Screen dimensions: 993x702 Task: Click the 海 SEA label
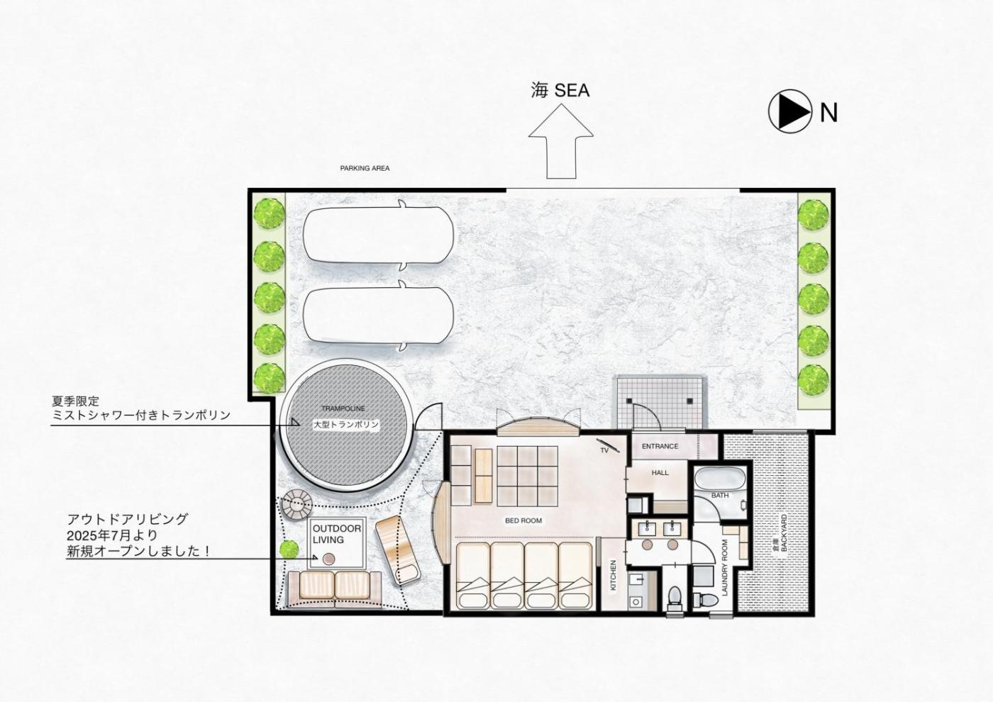point(560,91)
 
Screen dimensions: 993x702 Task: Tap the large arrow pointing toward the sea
point(561,141)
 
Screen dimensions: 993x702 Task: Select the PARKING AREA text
point(365,169)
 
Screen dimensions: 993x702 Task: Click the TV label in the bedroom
point(604,450)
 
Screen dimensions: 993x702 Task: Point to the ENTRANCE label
point(660,446)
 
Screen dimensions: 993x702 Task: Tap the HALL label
point(660,473)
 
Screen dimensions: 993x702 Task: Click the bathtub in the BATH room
point(720,479)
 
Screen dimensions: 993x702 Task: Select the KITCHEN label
point(614,575)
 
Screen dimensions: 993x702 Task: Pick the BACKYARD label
point(784,533)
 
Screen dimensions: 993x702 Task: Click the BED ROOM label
point(523,520)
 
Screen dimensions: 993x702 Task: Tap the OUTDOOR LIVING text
point(337,534)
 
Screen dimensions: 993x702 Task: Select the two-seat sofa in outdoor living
point(334,589)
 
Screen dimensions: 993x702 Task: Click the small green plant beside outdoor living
point(289,549)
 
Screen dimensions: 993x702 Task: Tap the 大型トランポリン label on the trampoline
point(346,425)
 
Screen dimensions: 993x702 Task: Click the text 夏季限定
point(75,401)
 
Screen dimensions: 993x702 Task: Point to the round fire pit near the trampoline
point(297,504)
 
